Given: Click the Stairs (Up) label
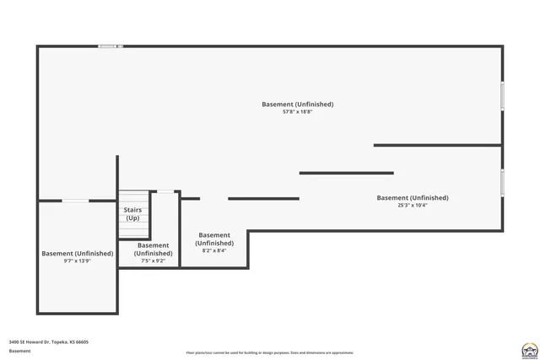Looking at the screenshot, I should click(132, 213).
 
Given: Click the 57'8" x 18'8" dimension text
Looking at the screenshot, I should click(298, 112).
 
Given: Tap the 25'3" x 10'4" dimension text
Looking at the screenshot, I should click(413, 205).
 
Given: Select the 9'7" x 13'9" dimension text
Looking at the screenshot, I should click(77, 261).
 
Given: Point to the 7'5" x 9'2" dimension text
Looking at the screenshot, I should click(154, 261).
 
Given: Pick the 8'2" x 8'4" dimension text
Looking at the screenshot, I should click(214, 250).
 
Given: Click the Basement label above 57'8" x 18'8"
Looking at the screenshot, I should click(298, 104).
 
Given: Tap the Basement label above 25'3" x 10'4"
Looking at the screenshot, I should click(413, 197).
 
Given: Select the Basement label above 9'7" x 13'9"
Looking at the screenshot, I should click(77, 253).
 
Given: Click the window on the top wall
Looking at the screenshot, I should click(111, 46).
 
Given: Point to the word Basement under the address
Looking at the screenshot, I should click(19, 352).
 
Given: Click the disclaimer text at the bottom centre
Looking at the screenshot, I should click(270, 352).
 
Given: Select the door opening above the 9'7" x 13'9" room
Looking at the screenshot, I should click(76, 201).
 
